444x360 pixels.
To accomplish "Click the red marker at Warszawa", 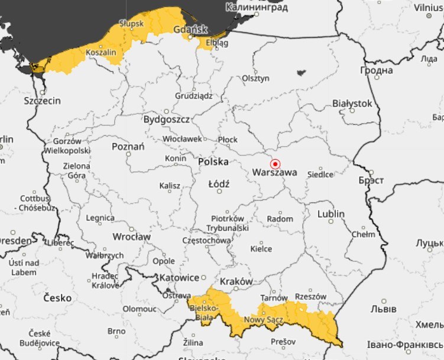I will point(275,164).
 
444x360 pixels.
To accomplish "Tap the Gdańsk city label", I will point(191,29).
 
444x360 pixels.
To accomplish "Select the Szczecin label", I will point(42,101).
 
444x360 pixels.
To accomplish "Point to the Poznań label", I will point(128,146).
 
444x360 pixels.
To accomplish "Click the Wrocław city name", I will point(131,237).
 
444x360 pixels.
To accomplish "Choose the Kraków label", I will point(236,281).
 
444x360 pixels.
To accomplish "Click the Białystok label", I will point(352,103).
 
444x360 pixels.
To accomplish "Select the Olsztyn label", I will point(255,79).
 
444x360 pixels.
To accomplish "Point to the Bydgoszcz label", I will point(167,119).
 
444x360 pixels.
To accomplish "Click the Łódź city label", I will point(219,184).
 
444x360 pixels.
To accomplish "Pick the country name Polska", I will point(213,161).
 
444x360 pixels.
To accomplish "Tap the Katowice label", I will point(179,277).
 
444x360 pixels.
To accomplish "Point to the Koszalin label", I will point(101,53).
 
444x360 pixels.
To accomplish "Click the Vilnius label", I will point(428,8).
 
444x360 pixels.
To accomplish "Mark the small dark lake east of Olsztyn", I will point(302,73).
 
